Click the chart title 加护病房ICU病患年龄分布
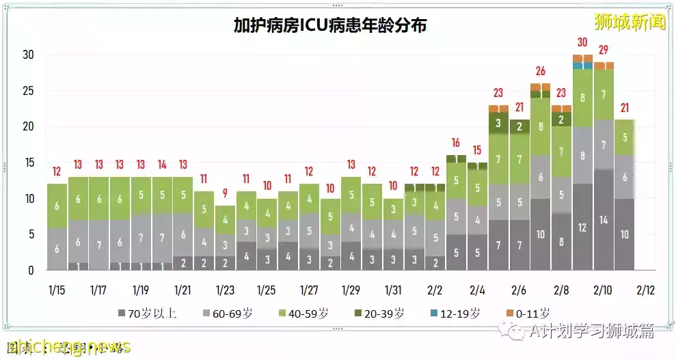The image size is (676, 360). [330, 26]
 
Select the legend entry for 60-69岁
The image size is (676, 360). [229, 314]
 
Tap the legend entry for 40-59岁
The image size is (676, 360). [304, 314]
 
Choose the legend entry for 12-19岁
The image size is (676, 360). [455, 314]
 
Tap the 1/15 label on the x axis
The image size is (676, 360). [57, 290]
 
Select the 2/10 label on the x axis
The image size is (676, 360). [601, 290]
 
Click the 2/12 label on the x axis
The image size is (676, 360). [644, 290]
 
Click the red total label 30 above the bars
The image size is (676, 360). [582, 42]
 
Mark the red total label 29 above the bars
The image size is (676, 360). [604, 49]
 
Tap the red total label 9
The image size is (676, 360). [225, 193]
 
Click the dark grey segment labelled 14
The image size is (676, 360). [604, 220]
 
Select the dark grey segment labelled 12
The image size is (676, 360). [582, 227]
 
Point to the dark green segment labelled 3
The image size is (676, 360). [498, 123]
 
